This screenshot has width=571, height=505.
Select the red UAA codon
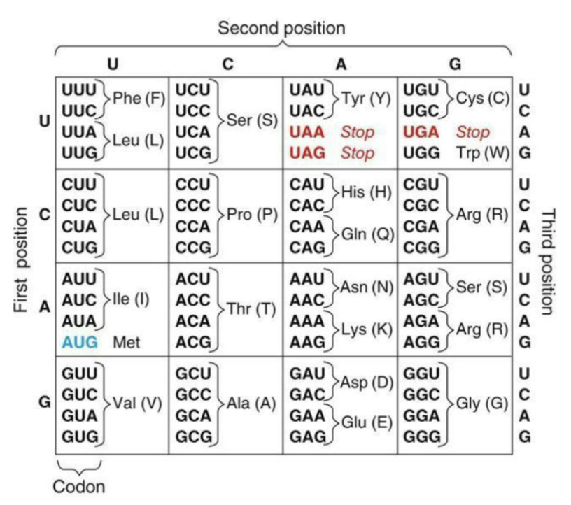point(307,132)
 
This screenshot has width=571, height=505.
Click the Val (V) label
point(138,404)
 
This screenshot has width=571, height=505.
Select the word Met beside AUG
point(126,342)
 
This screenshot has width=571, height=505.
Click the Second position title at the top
point(282,29)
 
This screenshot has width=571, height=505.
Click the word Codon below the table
point(79,486)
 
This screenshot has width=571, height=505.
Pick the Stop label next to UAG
point(358,152)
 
